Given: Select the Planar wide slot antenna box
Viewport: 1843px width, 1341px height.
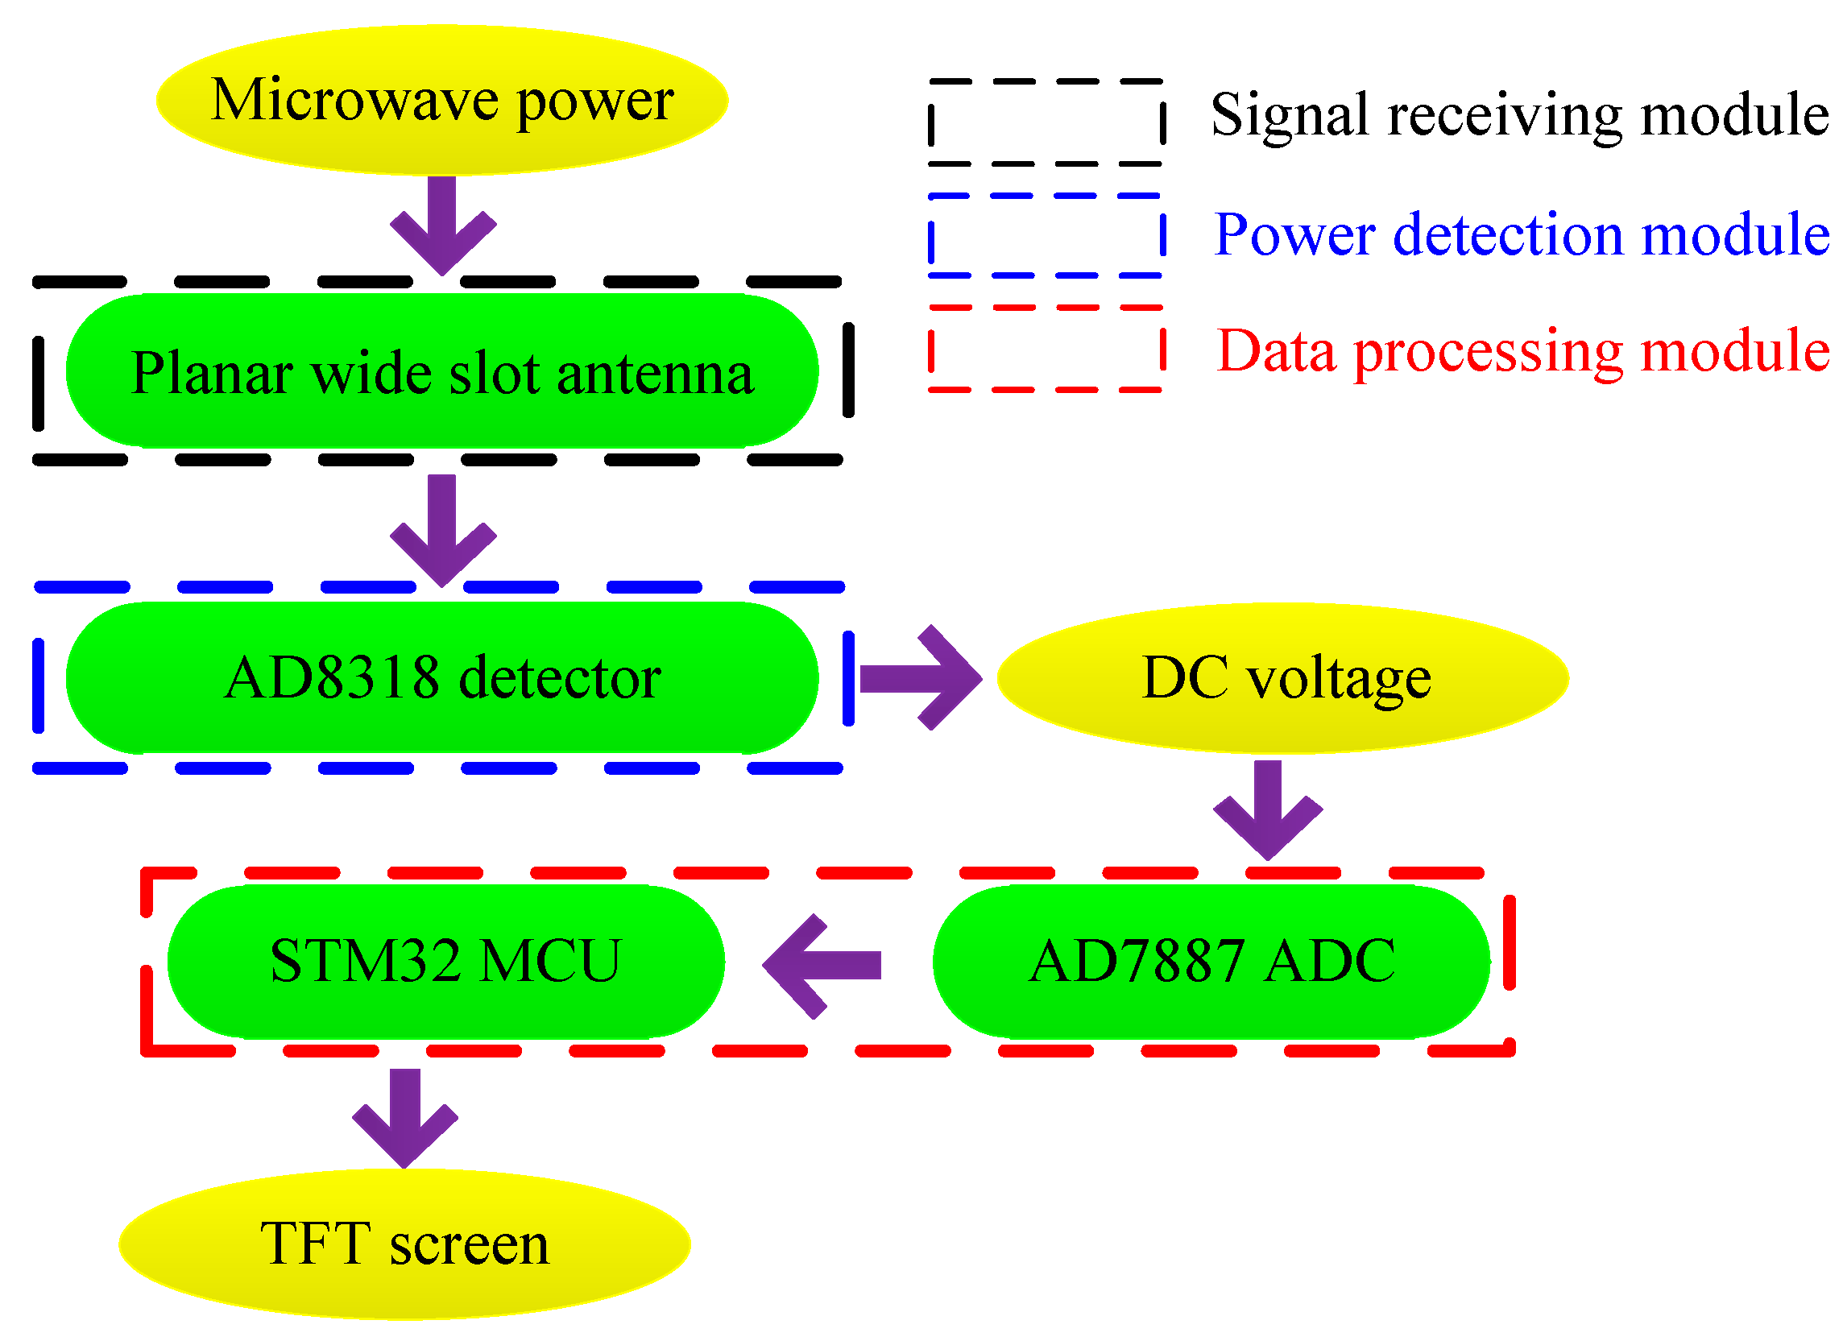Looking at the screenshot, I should click(441, 371).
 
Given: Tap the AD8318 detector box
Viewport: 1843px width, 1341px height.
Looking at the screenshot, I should click(441, 677).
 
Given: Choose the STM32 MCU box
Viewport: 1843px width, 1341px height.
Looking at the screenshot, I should click(445, 962).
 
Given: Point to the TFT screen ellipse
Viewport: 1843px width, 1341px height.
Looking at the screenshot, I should click(404, 1244).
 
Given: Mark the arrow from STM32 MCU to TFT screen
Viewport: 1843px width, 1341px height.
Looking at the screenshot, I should click(404, 1118).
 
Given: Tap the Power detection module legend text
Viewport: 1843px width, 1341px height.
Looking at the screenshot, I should click(1519, 235).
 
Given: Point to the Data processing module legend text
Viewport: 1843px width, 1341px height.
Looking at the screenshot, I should click(1522, 351).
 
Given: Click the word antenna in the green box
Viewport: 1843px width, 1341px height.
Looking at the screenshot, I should click(655, 374).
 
